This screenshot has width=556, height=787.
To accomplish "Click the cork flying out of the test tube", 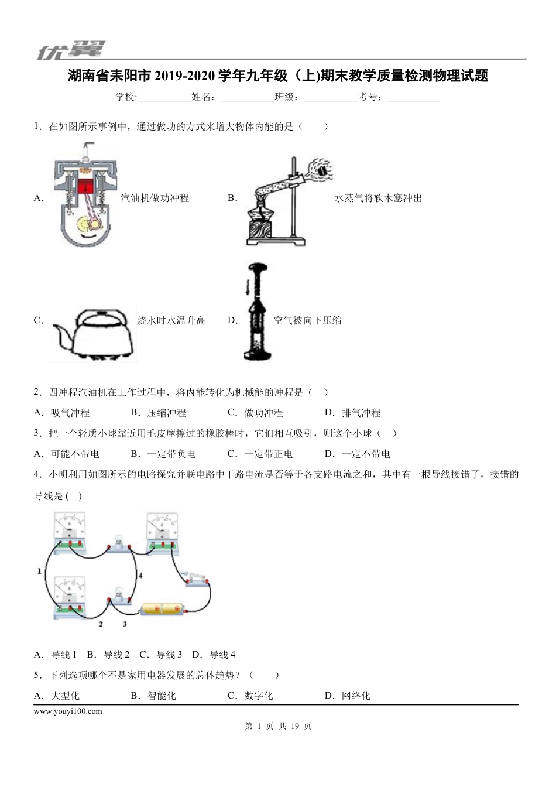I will point(321,169).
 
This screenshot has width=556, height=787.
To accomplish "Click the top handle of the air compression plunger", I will point(259,266).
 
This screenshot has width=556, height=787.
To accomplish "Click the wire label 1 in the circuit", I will point(39,570).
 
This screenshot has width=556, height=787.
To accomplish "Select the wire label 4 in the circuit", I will point(140,576).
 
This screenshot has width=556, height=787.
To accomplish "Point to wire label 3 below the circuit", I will point(125,624).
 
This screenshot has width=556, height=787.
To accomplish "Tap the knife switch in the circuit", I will point(196,577).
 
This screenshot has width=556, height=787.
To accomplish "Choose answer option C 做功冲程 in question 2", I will point(255,413).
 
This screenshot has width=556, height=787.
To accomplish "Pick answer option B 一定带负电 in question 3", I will point(163,454).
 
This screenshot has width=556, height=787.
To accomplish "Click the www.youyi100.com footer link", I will point(68,711).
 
